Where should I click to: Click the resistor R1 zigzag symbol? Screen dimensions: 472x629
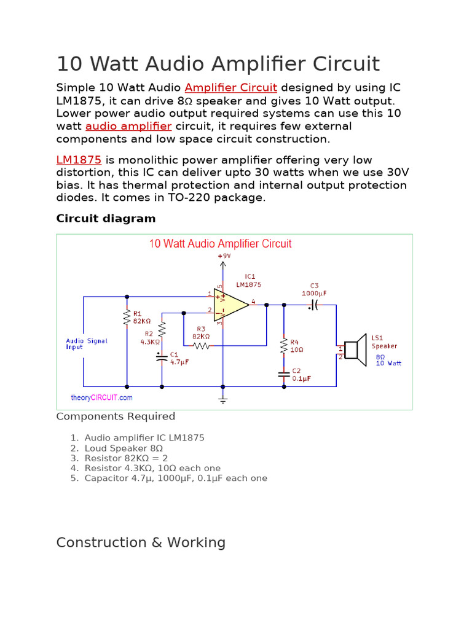coord(127,318)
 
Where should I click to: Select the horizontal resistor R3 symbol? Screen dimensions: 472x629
coord(201,345)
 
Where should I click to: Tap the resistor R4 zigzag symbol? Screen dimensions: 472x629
coord(284,346)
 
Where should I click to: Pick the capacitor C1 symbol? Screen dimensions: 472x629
coord(162,358)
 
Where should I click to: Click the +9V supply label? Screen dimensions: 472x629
coord(224,256)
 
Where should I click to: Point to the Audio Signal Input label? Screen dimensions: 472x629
coord(87,344)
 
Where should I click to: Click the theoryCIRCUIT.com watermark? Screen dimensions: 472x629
coord(101,397)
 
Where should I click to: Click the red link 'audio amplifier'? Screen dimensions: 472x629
coord(128,126)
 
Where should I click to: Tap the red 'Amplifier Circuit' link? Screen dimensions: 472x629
coord(230,88)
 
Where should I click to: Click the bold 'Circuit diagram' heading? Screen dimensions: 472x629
coord(106,218)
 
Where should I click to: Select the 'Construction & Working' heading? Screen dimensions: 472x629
coord(141,542)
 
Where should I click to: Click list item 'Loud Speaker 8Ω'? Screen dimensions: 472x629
coord(124,448)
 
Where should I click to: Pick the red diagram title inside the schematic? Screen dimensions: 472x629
coord(220,244)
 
